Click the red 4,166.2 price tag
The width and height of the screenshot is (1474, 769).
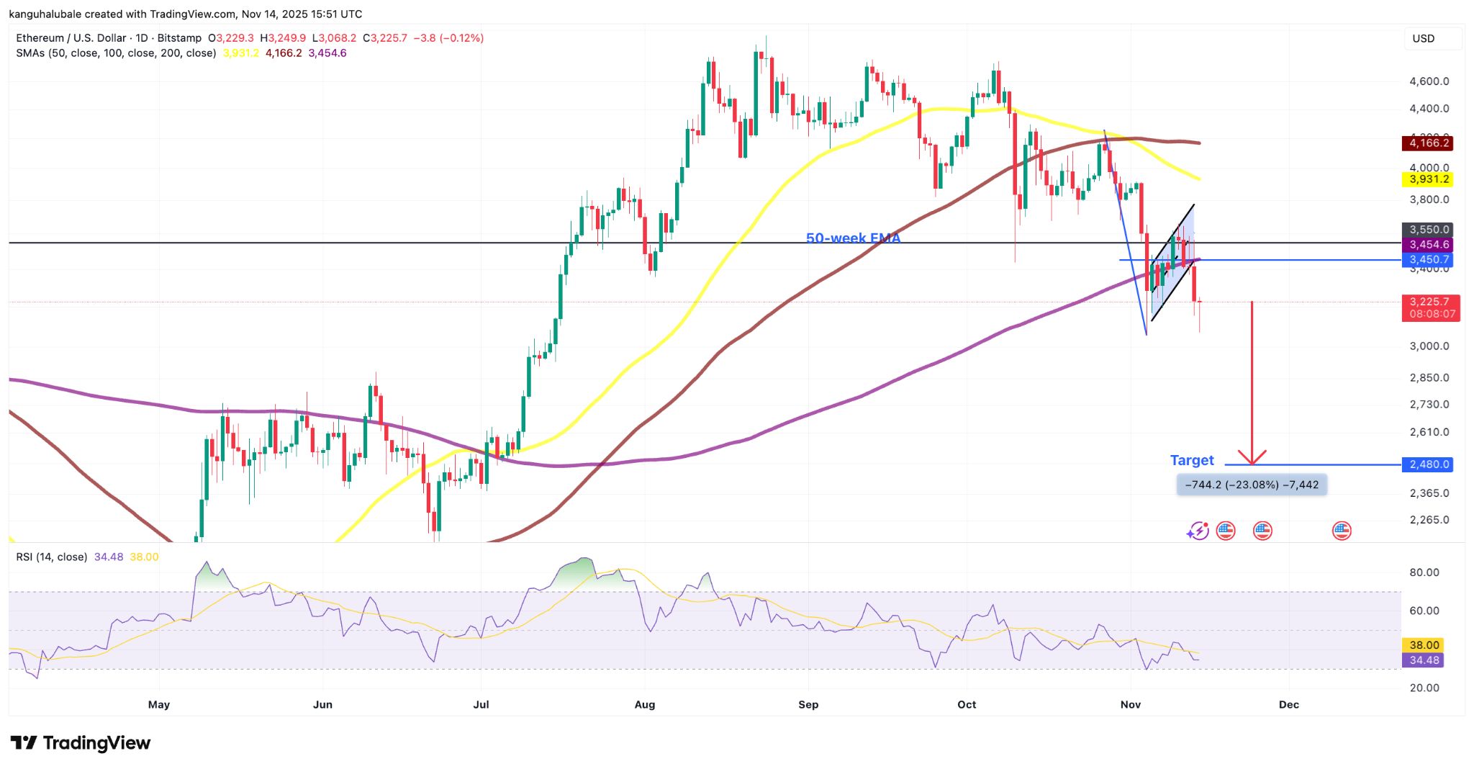click(x=1428, y=143)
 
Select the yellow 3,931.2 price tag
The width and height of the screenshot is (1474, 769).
click(x=1428, y=179)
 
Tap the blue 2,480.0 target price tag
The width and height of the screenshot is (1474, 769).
click(x=1428, y=464)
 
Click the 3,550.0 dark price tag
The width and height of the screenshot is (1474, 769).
click(x=1428, y=230)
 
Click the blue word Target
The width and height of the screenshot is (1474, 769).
click(x=1191, y=460)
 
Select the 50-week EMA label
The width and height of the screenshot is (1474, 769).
click(x=853, y=238)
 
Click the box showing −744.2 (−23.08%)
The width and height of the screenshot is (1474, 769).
click(x=1251, y=485)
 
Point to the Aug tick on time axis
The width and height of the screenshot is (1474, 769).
click(x=644, y=704)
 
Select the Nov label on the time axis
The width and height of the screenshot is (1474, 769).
click(x=1130, y=704)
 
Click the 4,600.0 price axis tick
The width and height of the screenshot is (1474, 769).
click(x=1429, y=81)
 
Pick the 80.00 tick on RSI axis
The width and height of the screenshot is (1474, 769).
click(x=1424, y=572)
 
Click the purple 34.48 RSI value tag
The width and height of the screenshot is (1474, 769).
click(x=1424, y=660)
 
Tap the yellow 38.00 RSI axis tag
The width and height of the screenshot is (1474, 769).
click(x=1424, y=645)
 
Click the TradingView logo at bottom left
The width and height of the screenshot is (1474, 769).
click(x=81, y=743)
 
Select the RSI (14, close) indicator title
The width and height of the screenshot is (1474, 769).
click(x=52, y=557)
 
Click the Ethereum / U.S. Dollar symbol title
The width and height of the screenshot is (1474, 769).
click(x=71, y=38)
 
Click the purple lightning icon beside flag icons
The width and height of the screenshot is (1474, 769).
click(x=1197, y=531)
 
